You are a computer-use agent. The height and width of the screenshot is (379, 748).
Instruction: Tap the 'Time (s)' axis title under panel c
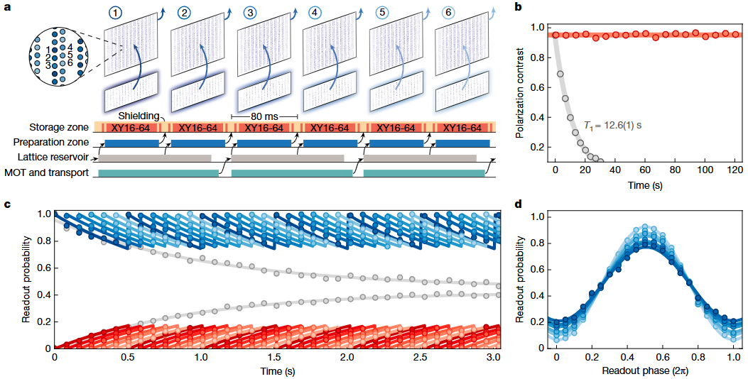(x=277, y=371)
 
